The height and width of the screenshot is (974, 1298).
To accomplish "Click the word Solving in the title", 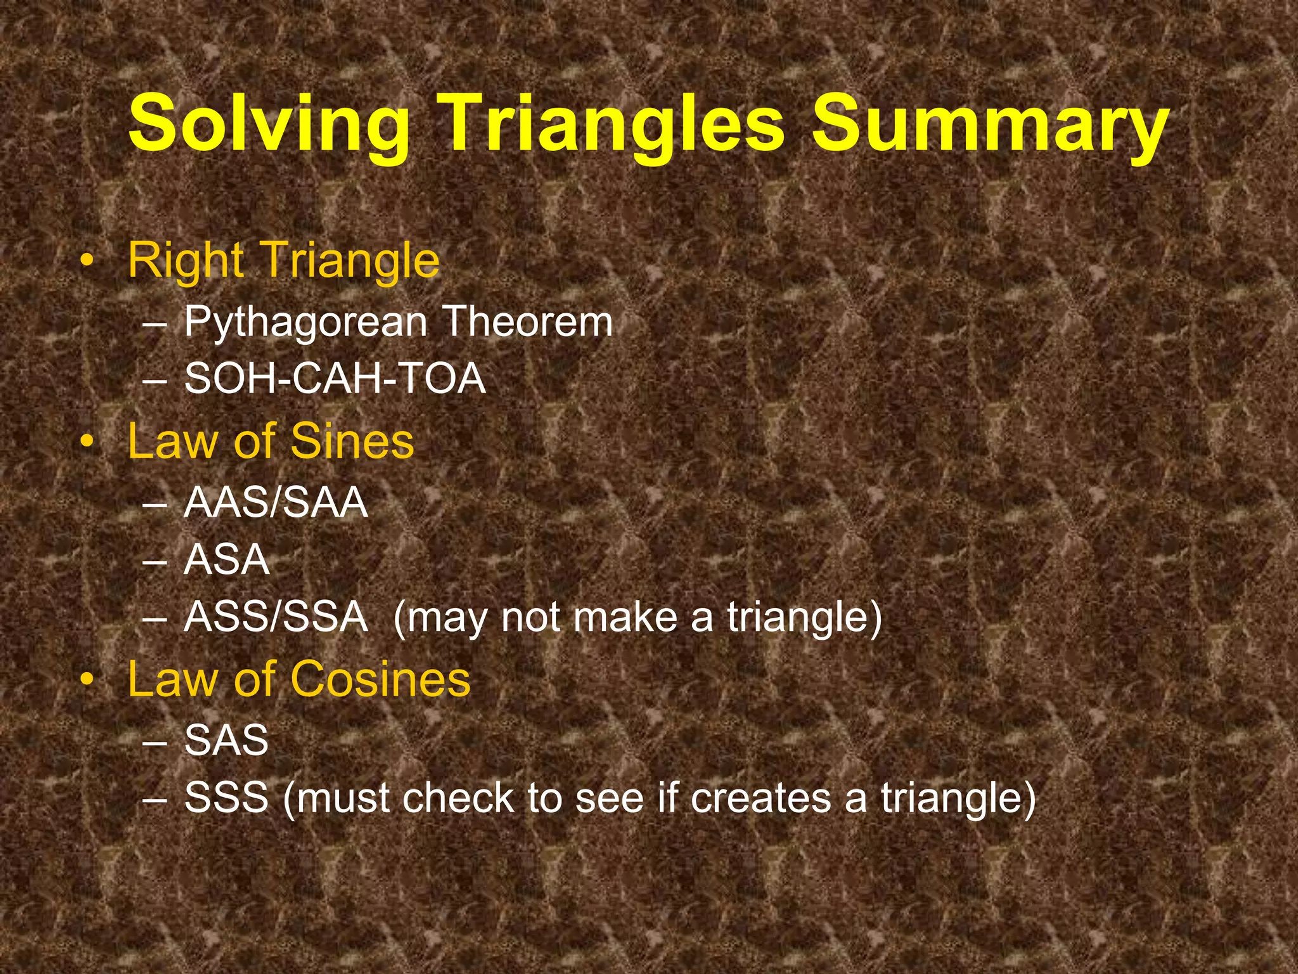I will point(269,124).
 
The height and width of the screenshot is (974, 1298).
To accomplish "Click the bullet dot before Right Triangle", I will point(88,261).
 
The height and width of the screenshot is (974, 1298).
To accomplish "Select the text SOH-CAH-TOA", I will point(335,379).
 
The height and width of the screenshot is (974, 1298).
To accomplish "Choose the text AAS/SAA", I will point(276,503).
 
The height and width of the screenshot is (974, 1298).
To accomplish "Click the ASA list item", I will point(227,560).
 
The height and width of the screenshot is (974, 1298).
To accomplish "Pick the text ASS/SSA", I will point(276,616).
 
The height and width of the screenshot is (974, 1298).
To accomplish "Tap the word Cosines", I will point(380,679).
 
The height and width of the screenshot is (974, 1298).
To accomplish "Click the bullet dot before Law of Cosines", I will point(88,680).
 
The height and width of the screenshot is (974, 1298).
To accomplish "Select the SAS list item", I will point(226,740).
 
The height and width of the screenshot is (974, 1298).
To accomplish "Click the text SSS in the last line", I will point(226,798).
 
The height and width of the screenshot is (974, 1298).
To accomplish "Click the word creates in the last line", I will point(761,798).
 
